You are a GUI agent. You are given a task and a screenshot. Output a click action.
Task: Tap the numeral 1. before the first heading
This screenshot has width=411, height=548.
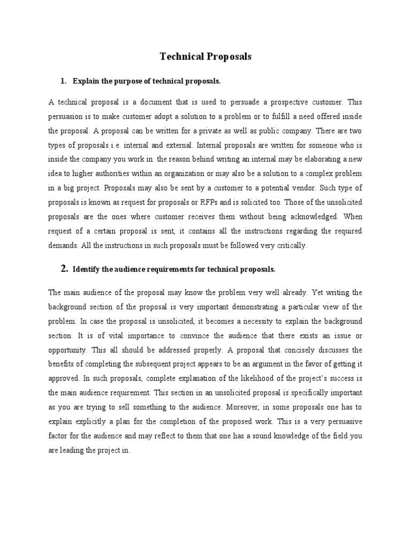tap(63, 81)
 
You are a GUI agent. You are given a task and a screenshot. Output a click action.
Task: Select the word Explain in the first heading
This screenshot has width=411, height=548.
tap(86, 81)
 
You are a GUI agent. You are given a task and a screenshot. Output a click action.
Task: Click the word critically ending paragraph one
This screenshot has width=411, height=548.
tap(290, 246)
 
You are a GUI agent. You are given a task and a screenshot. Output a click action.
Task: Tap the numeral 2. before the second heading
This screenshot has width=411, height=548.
tap(63, 269)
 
